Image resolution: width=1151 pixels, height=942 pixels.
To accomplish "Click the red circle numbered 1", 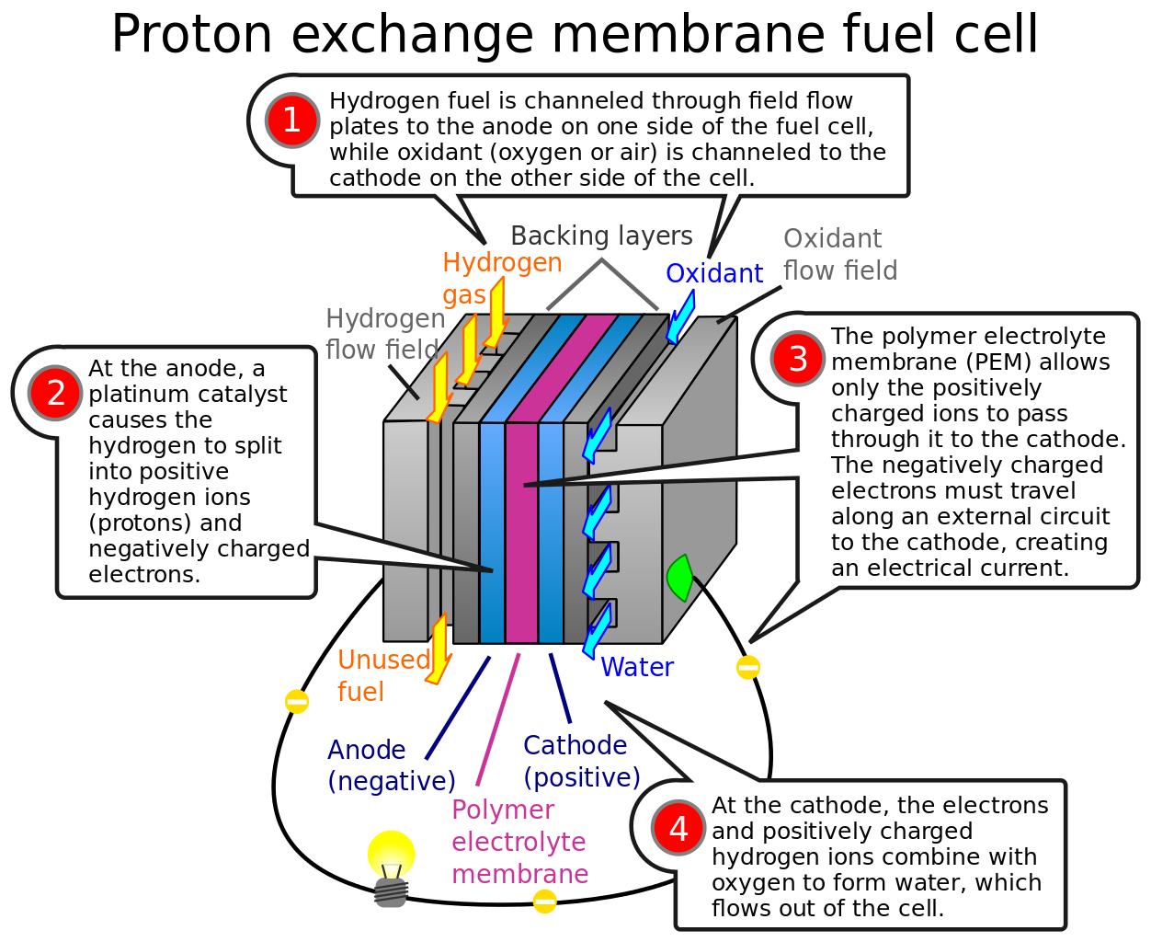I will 291,121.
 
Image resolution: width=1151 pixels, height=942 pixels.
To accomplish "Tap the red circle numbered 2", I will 56,393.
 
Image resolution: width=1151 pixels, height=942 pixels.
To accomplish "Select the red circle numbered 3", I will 798,359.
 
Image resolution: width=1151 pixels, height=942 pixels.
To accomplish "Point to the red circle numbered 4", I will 678,828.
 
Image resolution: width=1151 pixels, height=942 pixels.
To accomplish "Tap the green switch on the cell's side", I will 679,578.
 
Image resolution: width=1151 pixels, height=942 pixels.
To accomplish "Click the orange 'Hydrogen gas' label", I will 501,278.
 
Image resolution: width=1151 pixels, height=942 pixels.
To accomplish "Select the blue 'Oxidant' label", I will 714,273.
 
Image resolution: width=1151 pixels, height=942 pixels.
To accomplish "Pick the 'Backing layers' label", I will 601,236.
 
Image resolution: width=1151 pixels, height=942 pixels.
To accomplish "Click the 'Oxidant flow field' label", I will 838,255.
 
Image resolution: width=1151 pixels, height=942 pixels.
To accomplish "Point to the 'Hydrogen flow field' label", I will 384,334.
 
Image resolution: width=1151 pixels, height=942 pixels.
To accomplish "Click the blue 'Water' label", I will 637,667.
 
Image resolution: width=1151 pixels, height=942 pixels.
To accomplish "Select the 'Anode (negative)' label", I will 391,765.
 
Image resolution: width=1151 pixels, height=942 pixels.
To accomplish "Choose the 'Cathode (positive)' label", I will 581,761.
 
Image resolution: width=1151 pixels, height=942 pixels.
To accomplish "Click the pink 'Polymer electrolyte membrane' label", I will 519,842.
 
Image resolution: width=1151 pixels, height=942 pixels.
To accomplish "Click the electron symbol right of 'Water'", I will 748,667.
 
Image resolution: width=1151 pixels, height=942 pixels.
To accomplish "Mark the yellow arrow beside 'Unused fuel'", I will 439,649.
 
